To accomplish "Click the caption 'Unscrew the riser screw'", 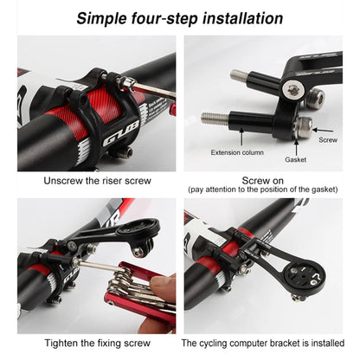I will [x=96, y=181].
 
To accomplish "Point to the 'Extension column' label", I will [x=236, y=152].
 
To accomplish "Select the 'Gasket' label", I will [x=297, y=160].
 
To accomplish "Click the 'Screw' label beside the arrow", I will [x=329, y=138].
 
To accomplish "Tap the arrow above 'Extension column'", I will [x=236, y=138].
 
